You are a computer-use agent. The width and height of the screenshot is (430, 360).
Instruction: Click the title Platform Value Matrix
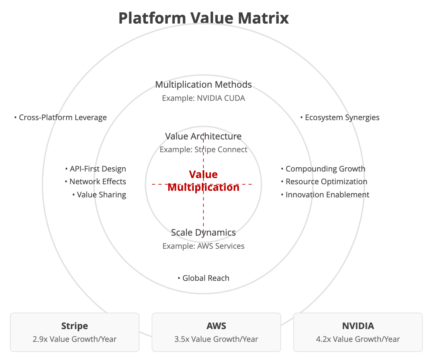click(203, 18)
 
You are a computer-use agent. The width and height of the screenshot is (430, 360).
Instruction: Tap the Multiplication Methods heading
click(203, 85)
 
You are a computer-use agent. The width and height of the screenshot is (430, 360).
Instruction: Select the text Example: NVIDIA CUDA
click(203, 98)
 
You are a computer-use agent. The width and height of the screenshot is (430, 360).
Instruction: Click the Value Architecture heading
click(203, 136)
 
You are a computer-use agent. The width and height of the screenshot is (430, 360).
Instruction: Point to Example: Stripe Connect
click(203, 149)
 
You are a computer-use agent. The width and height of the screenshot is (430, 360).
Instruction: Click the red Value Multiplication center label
click(203, 181)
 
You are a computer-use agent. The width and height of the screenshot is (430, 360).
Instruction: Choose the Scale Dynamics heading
click(203, 233)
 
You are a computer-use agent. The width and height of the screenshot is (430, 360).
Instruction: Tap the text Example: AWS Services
click(203, 246)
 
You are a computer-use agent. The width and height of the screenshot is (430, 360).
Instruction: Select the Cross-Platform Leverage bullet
click(60, 117)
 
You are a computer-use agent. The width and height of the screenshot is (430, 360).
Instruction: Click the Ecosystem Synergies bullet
click(340, 117)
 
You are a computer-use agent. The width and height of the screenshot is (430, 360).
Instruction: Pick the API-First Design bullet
click(96, 169)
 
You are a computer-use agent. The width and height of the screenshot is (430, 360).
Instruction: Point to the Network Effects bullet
click(96, 182)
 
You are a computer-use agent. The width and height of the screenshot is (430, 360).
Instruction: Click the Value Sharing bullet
click(99, 195)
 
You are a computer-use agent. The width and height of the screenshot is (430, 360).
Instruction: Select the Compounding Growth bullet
click(323, 169)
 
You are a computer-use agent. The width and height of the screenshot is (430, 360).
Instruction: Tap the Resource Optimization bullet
click(324, 182)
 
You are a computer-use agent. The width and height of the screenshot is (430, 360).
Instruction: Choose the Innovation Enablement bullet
click(325, 195)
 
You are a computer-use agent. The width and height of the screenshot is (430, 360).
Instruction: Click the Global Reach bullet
click(203, 278)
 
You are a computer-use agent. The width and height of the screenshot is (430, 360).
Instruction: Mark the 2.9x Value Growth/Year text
click(75, 339)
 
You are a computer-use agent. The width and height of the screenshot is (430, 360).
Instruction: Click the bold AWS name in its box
click(216, 326)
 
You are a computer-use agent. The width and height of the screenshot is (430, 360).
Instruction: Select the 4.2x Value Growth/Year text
click(358, 339)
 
